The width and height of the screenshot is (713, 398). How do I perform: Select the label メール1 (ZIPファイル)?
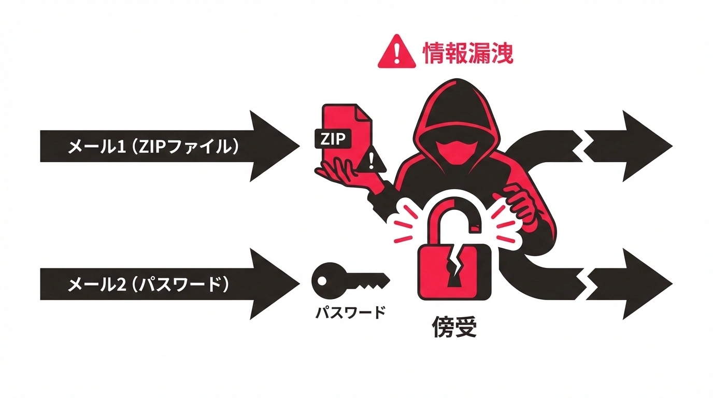tap(153, 147)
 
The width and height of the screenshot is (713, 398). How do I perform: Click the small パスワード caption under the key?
tap(351, 312)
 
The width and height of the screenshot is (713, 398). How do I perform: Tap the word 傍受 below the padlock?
tap(454, 328)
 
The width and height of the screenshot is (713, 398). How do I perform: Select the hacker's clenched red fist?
tap(518, 202)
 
